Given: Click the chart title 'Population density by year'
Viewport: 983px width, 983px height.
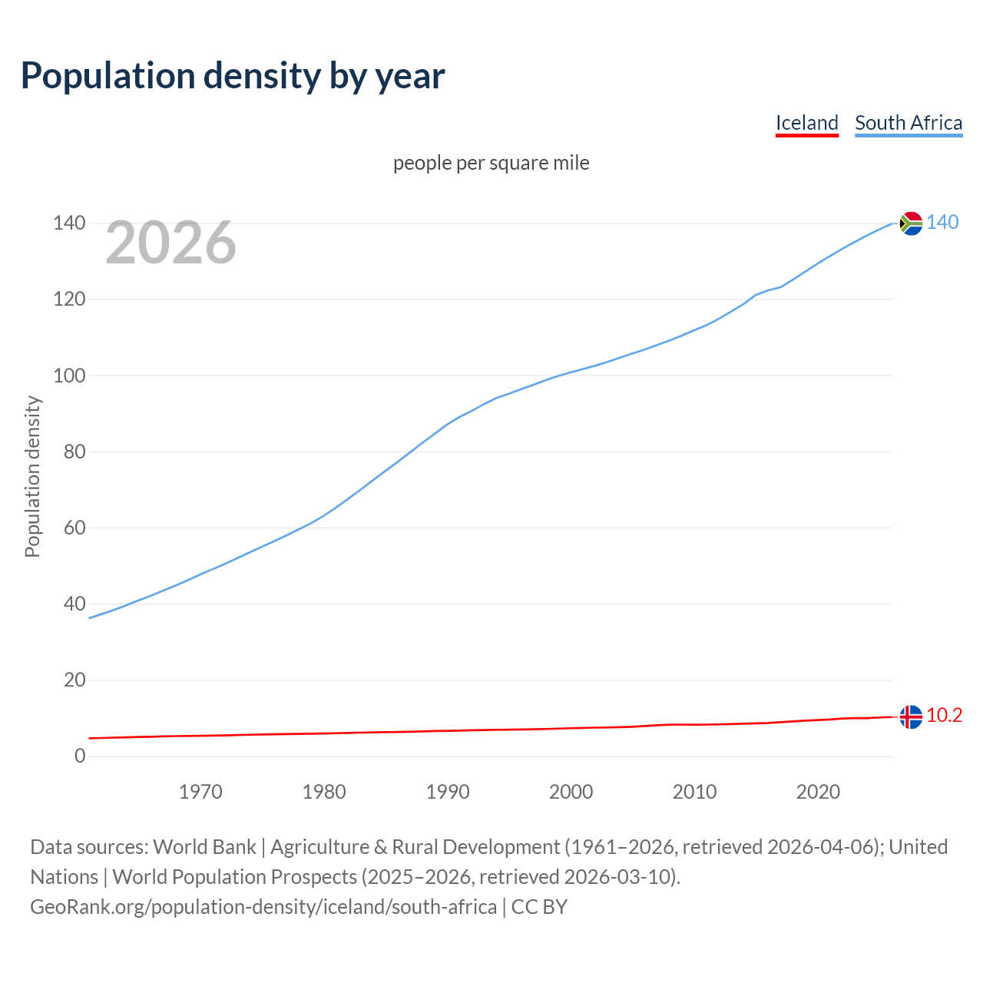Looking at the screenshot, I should [233, 75].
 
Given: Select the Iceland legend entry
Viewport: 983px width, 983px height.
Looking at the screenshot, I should [806, 123].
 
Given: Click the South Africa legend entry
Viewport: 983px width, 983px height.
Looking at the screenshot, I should [909, 123].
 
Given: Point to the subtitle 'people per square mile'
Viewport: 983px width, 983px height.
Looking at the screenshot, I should [491, 163].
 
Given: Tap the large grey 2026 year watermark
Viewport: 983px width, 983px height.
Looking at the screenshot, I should [170, 243].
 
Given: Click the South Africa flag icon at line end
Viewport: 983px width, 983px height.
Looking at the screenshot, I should [911, 223].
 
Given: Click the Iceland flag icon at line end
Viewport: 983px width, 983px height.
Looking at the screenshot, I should [911, 717].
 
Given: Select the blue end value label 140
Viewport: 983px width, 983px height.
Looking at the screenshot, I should [942, 223].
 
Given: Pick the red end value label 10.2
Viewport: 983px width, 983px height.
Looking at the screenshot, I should [944, 716].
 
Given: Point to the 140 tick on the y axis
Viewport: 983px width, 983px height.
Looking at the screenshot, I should [69, 223].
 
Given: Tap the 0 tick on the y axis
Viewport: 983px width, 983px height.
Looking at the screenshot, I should [80, 756].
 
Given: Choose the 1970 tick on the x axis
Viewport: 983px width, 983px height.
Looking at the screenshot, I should [200, 792].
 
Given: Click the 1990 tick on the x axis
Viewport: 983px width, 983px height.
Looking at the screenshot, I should [448, 792].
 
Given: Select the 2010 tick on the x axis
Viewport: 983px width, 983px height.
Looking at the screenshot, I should [694, 792].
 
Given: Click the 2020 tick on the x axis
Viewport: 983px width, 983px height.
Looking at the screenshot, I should [818, 792].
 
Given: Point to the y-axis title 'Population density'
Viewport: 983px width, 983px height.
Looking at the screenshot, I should [32, 476].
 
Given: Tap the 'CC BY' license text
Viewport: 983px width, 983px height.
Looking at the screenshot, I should [539, 907].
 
